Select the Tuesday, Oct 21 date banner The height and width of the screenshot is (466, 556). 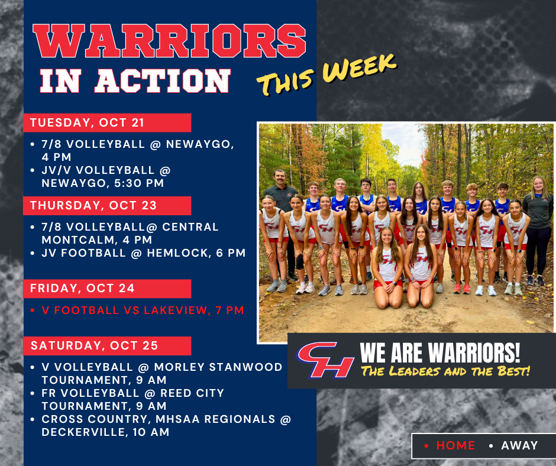107,123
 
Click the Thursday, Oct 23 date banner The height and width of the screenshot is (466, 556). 107,206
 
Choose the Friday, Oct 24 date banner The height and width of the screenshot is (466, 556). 107,289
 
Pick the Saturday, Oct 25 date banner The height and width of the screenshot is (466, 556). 107,345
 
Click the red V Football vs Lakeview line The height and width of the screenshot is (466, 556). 142,310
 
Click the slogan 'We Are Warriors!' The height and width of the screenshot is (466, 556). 440,354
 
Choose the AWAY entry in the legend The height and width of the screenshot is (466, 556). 519,446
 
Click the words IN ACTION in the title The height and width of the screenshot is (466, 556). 134,81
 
